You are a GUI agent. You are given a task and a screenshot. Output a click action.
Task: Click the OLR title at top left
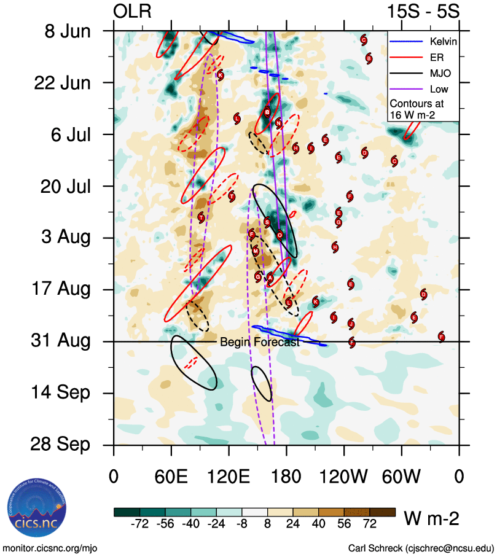point(133,11)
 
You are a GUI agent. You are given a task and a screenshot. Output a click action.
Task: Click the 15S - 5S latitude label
point(423,11)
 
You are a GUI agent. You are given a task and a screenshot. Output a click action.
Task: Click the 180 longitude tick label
point(286,477)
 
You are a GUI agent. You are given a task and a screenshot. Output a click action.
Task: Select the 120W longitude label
point(343,477)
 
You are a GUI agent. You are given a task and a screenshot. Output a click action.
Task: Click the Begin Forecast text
point(259,343)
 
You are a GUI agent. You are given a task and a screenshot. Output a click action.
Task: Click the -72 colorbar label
point(140,524)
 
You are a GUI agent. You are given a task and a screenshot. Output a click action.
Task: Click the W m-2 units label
point(431,519)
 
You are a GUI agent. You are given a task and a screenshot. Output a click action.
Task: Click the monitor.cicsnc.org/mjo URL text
point(50,548)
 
